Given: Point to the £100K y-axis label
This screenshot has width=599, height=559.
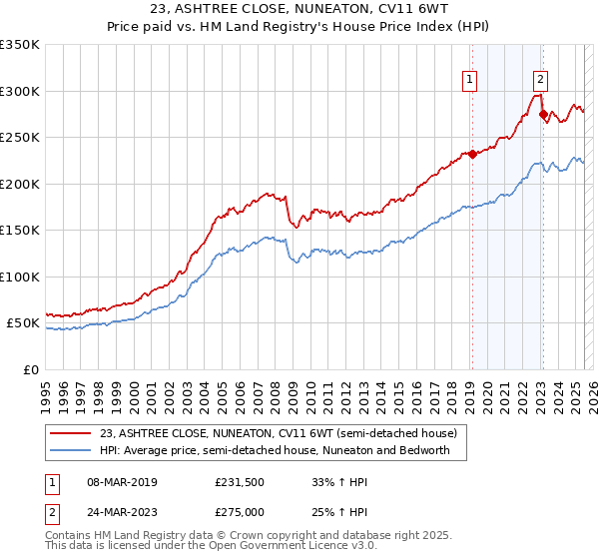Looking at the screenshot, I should pos(19,277).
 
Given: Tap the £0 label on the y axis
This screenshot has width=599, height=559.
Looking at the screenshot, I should pos(30,369).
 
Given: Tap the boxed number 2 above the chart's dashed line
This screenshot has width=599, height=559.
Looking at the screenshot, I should pos(540,81).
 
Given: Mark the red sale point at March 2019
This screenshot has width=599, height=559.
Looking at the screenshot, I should pos(472,154).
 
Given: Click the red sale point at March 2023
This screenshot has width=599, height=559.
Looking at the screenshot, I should pos(543,114).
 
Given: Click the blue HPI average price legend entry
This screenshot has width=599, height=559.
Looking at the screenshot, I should pos(276,450).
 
